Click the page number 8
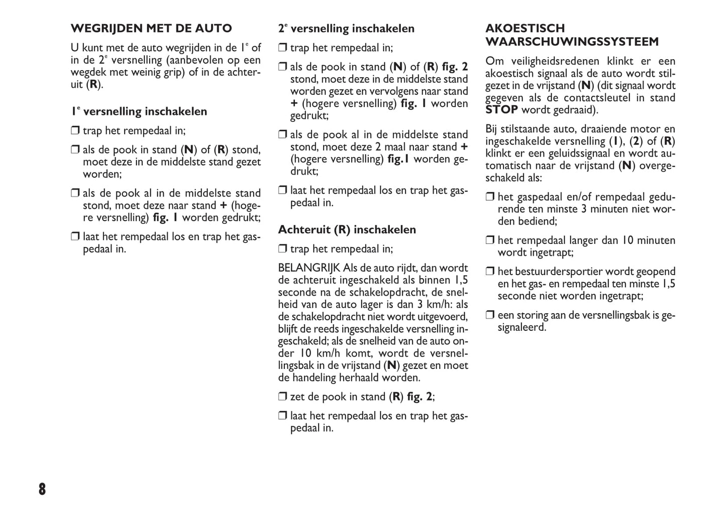42,489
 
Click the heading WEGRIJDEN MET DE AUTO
151,29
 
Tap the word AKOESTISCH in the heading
525,29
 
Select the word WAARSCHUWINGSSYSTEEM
572,42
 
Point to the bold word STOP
501,110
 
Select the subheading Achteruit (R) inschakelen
347,230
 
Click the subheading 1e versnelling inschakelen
139,111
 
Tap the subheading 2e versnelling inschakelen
347,29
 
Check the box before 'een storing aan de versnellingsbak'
490,315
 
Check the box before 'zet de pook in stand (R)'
283,397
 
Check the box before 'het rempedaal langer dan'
490,240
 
